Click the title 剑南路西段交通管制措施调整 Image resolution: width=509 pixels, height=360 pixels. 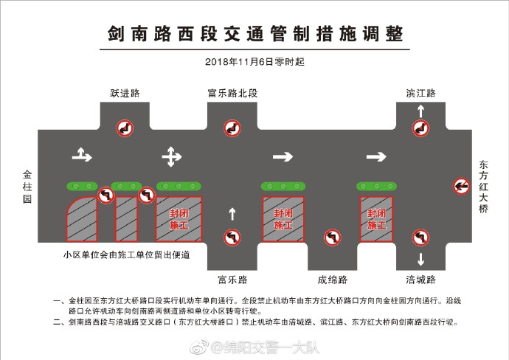255,34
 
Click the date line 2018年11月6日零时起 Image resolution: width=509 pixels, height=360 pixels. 254,62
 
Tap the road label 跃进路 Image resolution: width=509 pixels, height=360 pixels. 125,93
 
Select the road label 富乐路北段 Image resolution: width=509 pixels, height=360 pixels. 232,93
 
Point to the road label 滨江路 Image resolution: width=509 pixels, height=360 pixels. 420,93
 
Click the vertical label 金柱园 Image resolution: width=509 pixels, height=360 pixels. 27,187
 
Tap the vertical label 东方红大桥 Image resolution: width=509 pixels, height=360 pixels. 484,187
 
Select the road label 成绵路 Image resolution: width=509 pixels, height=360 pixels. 333,280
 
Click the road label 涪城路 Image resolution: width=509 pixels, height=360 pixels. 420,280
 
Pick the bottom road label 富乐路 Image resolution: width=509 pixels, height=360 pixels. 232,280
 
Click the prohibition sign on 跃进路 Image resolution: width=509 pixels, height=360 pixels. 125,128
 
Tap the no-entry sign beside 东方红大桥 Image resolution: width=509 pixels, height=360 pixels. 461,186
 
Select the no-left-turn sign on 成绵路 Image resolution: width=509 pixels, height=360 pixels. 333,238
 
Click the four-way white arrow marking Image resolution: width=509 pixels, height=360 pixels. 172,157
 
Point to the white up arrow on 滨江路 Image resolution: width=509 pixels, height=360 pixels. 420,111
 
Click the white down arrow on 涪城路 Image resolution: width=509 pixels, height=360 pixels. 420,259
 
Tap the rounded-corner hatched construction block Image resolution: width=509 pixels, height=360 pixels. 82,219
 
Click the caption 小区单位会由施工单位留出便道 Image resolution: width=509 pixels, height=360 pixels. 127,255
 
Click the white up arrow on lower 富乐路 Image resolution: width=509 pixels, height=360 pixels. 232,214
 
